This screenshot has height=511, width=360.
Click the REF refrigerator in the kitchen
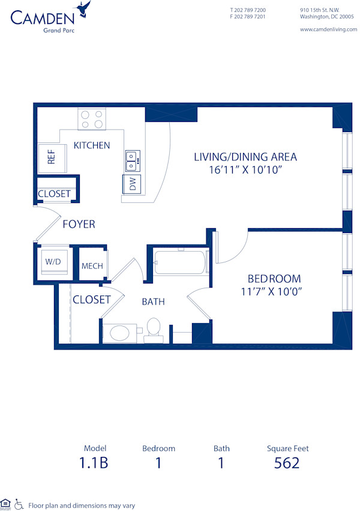coord(52,157)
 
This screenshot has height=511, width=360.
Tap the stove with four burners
coord(91,119)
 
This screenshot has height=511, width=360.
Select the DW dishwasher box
coord(133,184)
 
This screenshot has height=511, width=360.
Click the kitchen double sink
coord(133,159)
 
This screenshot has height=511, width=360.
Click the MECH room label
coord(92,266)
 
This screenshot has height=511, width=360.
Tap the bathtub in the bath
coord(179,263)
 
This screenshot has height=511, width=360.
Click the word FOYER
coord(79,224)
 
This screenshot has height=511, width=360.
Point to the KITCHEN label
coord(91,145)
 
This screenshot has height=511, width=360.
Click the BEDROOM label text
coord(274,279)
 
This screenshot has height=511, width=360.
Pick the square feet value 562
coord(287,463)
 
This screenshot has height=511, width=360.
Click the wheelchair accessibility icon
coord(19,504)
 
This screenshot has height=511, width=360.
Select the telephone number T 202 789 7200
coord(248,10)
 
